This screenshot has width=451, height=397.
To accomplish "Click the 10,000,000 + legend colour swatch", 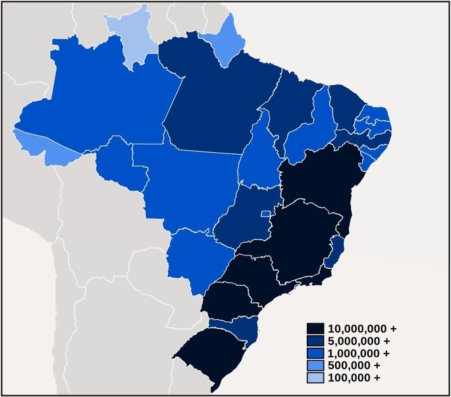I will (315, 328).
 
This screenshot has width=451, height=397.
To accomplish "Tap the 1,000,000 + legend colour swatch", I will (315, 353).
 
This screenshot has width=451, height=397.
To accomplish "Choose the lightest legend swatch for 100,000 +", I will (315, 377).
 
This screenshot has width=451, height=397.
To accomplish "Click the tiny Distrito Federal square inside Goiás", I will (265, 213).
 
